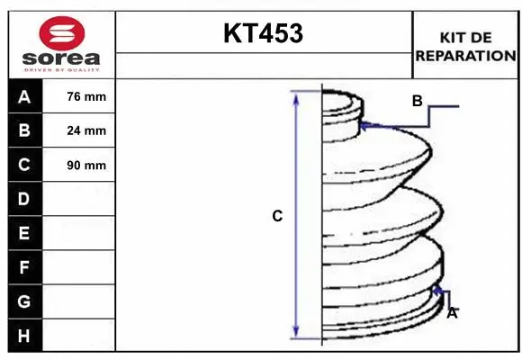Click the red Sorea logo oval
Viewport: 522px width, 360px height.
(x=62, y=33)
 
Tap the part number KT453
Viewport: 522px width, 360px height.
(x=264, y=33)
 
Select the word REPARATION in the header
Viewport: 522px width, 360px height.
(x=465, y=56)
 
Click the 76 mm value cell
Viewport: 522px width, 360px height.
(x=78, y=96)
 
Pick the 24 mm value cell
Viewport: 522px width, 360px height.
(x=78, y=130)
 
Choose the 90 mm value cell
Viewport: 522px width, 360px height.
(x=78, y=165)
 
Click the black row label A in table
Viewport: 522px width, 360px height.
(x=25, y=96)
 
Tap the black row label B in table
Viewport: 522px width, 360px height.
(x=25, y=130)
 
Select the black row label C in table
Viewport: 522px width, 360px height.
(x=25, y=165)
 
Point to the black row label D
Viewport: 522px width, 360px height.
(x=25, y=199)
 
